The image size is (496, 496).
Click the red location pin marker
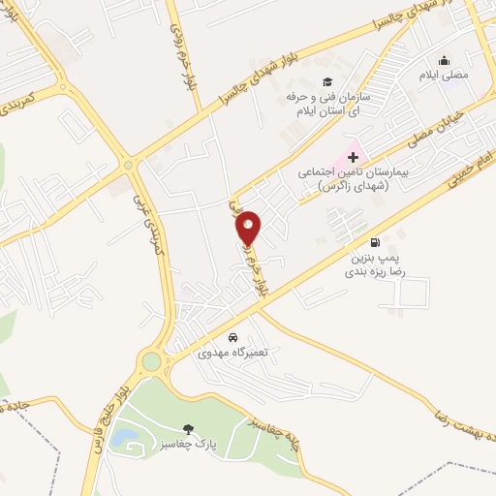pos(249,228)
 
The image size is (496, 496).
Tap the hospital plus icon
pos(353,156)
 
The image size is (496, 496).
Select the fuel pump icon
pos(374,243)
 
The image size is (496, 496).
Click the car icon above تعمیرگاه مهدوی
pos(232,338)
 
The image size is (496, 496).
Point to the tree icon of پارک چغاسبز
pos(188,429)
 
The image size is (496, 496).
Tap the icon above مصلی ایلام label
pos(445,60)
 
